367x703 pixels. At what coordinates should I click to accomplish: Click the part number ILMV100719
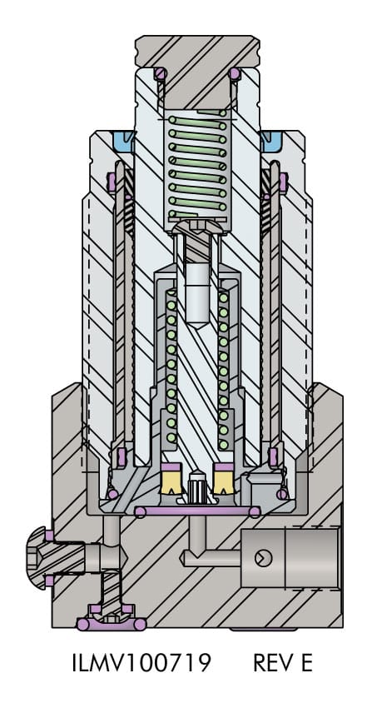[141, 663]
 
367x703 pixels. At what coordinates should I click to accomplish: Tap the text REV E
[282, 663]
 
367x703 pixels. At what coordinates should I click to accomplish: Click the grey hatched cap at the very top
[197, 62]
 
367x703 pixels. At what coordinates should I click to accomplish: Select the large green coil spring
[197, 164]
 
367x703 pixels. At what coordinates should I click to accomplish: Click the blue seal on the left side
[124, 141]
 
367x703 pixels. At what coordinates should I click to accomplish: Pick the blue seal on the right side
[271, 141]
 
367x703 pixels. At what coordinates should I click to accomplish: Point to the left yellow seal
[171, 479]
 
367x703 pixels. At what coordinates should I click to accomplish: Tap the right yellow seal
[224, 479]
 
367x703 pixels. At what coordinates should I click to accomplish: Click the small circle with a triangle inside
[263, 558]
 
